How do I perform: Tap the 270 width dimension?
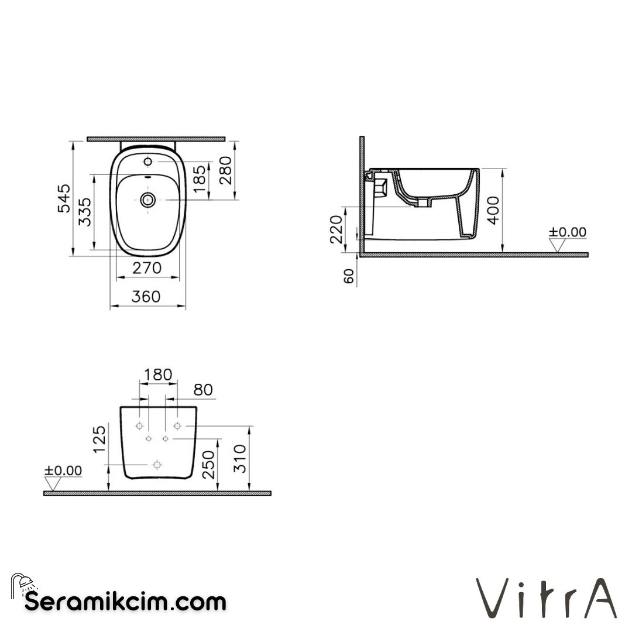146,268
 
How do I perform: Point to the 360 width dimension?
146,297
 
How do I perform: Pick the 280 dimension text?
225,170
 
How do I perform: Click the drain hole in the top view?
147,200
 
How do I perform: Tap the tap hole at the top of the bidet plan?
147,160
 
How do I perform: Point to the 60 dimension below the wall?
349,276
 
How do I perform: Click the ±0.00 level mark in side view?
566,232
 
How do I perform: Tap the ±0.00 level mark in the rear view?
63,470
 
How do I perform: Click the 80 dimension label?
202,390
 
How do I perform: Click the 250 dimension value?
208,465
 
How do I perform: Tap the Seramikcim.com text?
124,601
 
